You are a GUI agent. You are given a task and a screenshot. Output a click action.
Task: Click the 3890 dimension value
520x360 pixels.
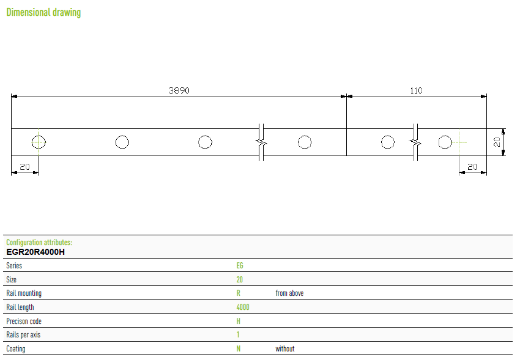tap(179, 90)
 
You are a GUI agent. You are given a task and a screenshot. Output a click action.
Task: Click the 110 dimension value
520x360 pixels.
tap(416, 90)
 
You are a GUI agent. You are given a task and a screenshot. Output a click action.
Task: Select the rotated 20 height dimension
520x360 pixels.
tap(497, 142)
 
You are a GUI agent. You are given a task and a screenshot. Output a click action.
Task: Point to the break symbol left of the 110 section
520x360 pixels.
tap(261, 142)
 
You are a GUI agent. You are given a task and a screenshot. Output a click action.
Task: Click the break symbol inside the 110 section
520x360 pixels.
tap(415, 142)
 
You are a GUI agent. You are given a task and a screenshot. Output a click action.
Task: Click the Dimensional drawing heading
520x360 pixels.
tap(43, 12)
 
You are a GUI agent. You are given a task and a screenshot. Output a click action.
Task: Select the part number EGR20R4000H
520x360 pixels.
tap(35, 252)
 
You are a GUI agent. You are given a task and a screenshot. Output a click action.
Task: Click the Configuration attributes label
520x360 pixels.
tap(39, 243)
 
